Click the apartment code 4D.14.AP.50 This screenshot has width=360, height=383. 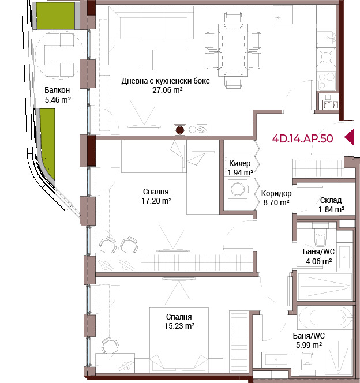tap(302, 138)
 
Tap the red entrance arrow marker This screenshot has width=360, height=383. tap(350, 137)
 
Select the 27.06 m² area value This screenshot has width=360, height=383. tap(167, 90)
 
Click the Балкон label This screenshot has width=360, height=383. tap(57, 90)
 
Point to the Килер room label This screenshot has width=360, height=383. tap(239, 163)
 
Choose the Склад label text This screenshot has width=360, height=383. tap(331, 200)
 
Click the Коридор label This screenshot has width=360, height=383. tap(276, 193)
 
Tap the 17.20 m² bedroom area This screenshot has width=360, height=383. tap(156, 201)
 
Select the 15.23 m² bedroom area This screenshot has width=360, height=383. tap(179, 326)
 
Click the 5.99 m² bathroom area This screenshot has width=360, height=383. tap(309, 345)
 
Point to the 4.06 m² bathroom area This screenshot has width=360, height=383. tap(318, 261)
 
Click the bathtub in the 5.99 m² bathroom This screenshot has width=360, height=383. tap(325, 318)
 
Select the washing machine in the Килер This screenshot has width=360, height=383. tap(238, 189)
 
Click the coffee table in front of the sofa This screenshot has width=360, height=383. tap(170, 60)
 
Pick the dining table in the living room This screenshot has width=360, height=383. tap(233, 50)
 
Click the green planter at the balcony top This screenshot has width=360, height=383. tap(56, 16)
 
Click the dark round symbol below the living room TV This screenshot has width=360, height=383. tap(180, 130)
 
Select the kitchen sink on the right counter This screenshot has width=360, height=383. tap(327, 37)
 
